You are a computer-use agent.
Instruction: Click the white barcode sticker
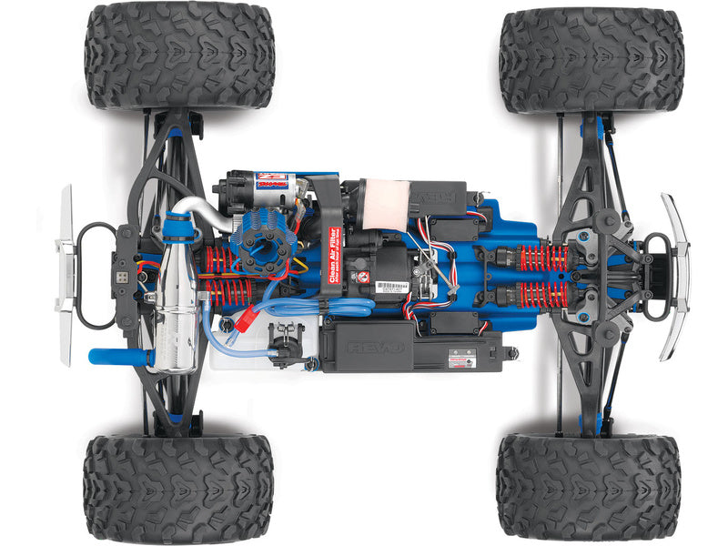point(391,288)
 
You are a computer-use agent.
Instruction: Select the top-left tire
point(179,56)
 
